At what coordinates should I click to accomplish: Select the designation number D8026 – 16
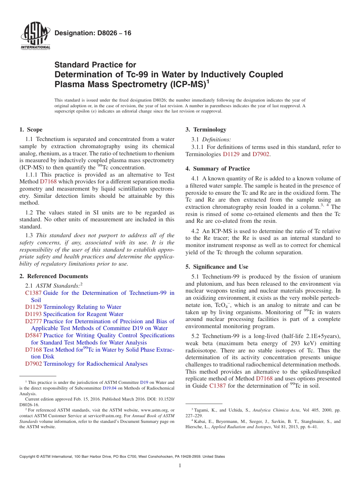coord(93,33)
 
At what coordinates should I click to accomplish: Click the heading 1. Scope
coord(31,130)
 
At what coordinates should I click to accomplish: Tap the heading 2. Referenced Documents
coord(54,276)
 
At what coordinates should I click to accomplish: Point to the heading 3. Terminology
coord(206,130)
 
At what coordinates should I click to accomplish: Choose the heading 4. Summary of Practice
coord(218,169)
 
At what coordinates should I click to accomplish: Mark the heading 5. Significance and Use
coord(217,267)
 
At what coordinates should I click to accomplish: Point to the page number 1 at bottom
coord(180,466)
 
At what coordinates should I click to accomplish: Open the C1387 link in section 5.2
coord(216,386)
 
